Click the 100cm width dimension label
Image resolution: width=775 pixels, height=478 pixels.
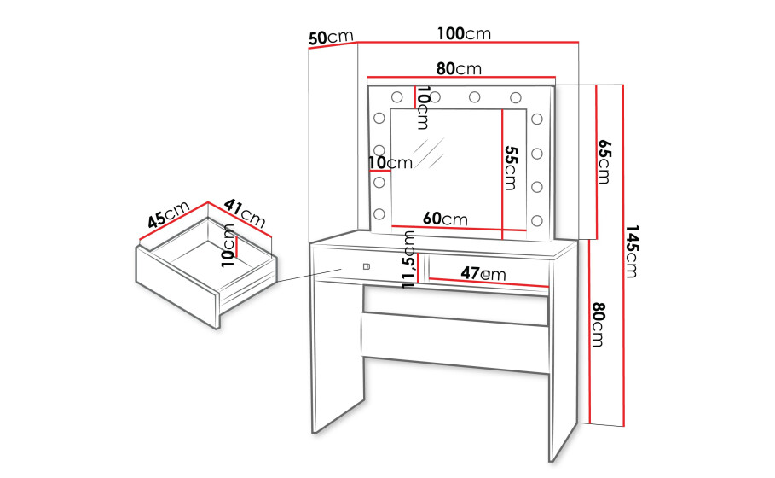click(464, 33)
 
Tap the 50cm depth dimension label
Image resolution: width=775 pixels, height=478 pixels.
click(331, 37)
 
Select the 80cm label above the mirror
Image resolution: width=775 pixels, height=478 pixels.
click(459, 68)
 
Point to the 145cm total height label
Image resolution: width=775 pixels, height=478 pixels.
click(632, 251)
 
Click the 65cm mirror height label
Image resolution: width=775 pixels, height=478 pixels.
click(604, 162)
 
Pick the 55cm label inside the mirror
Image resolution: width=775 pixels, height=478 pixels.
click(510, 168)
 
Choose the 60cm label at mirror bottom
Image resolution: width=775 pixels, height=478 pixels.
click(445, 219)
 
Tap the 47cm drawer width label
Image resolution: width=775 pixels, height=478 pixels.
click(483, 273)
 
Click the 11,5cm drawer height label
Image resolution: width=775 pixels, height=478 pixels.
click(409, 259)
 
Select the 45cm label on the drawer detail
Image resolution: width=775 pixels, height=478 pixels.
click(169, 214)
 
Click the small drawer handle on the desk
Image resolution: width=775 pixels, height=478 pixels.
click(366, 266)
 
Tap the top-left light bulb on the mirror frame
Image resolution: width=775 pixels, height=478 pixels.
click(396, 97)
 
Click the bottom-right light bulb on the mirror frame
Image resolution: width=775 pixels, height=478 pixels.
click(537, 221)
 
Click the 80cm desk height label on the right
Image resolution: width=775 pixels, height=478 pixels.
click(598, 324)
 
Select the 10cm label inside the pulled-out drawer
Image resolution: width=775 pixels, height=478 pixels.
click(228, 246)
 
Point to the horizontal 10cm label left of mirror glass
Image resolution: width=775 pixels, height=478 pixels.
click(390, 162)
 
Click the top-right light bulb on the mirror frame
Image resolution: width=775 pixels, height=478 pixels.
click(516, 97)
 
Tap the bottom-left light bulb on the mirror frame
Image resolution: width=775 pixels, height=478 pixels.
click(379, 213)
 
